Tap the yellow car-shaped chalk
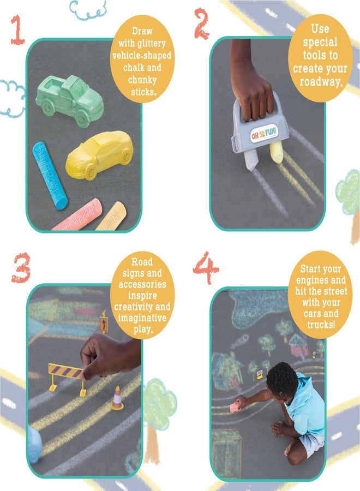[100, 154]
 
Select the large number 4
[205, 269]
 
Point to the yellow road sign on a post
[104, 322]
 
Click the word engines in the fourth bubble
[319, 291]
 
